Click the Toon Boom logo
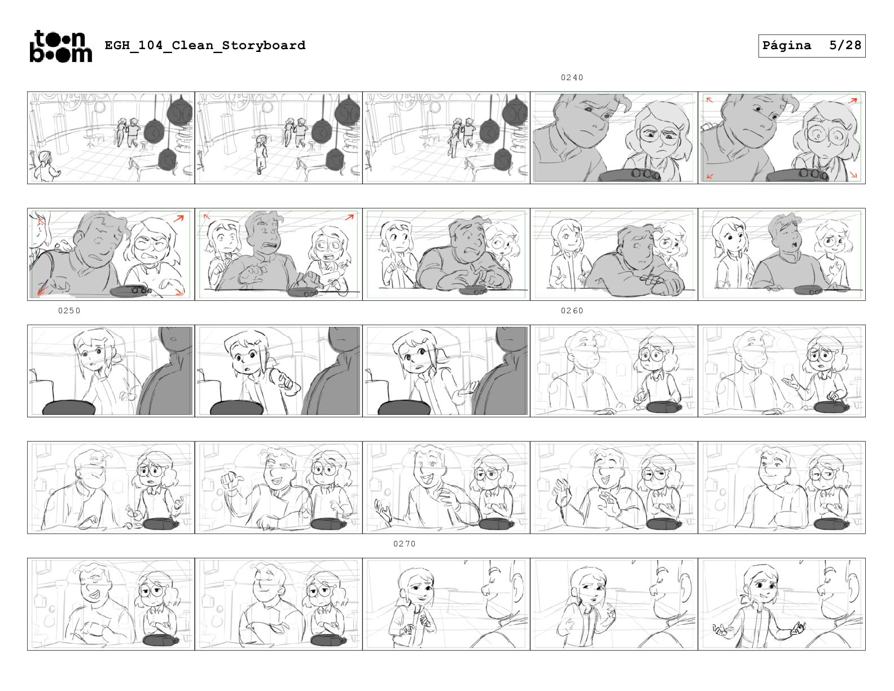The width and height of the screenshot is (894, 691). (x=61, y=46)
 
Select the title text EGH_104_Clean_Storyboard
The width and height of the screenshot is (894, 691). (x=205, y=45)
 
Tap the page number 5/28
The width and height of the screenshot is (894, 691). (x=845, y=45)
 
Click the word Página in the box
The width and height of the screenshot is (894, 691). (x=787, y=45)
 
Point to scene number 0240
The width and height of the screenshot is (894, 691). (x=572, y=77)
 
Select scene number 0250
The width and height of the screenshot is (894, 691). (x=69, y=310)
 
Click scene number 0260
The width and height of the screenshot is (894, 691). (x=572, y=310)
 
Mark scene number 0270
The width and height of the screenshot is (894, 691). (x=405, y=544)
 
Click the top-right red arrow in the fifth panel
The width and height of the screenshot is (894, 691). (x=853, y=100)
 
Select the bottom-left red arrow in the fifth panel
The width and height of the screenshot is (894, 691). (x=709, y=176)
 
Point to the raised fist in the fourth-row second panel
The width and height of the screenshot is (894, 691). (x=229, y=479)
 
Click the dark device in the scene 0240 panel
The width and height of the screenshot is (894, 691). (x=629, y=176)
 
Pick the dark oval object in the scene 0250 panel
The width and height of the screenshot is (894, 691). (x=69, y=408)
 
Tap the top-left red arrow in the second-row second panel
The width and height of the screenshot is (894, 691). (x=207, y=216)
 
